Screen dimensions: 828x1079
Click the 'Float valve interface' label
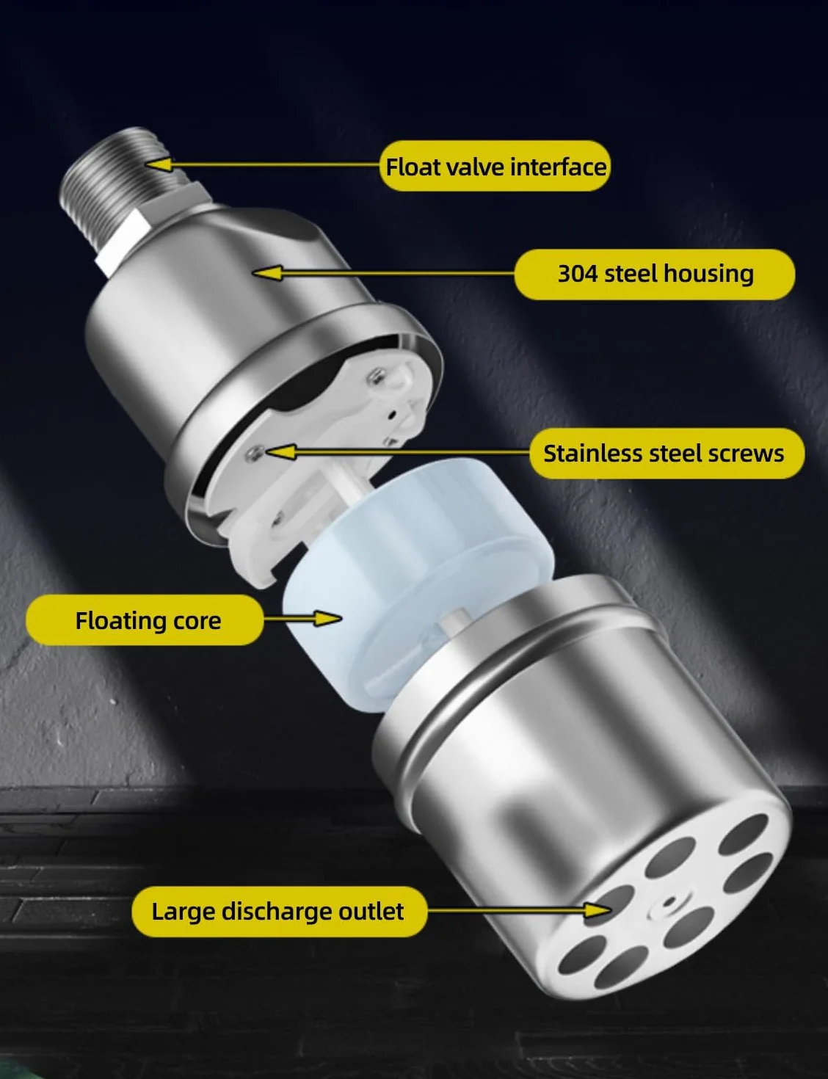click(x=495, y=167)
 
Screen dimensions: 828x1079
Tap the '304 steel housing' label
click(x=655, y=274)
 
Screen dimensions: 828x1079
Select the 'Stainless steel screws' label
click(x=667, y=454)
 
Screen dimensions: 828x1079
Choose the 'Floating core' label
click(x=145, y=620)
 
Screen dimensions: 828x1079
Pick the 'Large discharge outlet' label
click(x=280, y=912)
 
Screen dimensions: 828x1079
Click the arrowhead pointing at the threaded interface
click(x=159, y=164)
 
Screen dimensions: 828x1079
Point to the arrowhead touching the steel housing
click(x=267, y=273)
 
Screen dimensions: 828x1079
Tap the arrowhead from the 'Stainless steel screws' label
click(x=280, y=452)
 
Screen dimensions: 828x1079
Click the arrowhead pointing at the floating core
click(x=327, y=618)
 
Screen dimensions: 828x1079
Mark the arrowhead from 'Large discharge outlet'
click(x=598, y=910)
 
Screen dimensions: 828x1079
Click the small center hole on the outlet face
click(x=669, y=900)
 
